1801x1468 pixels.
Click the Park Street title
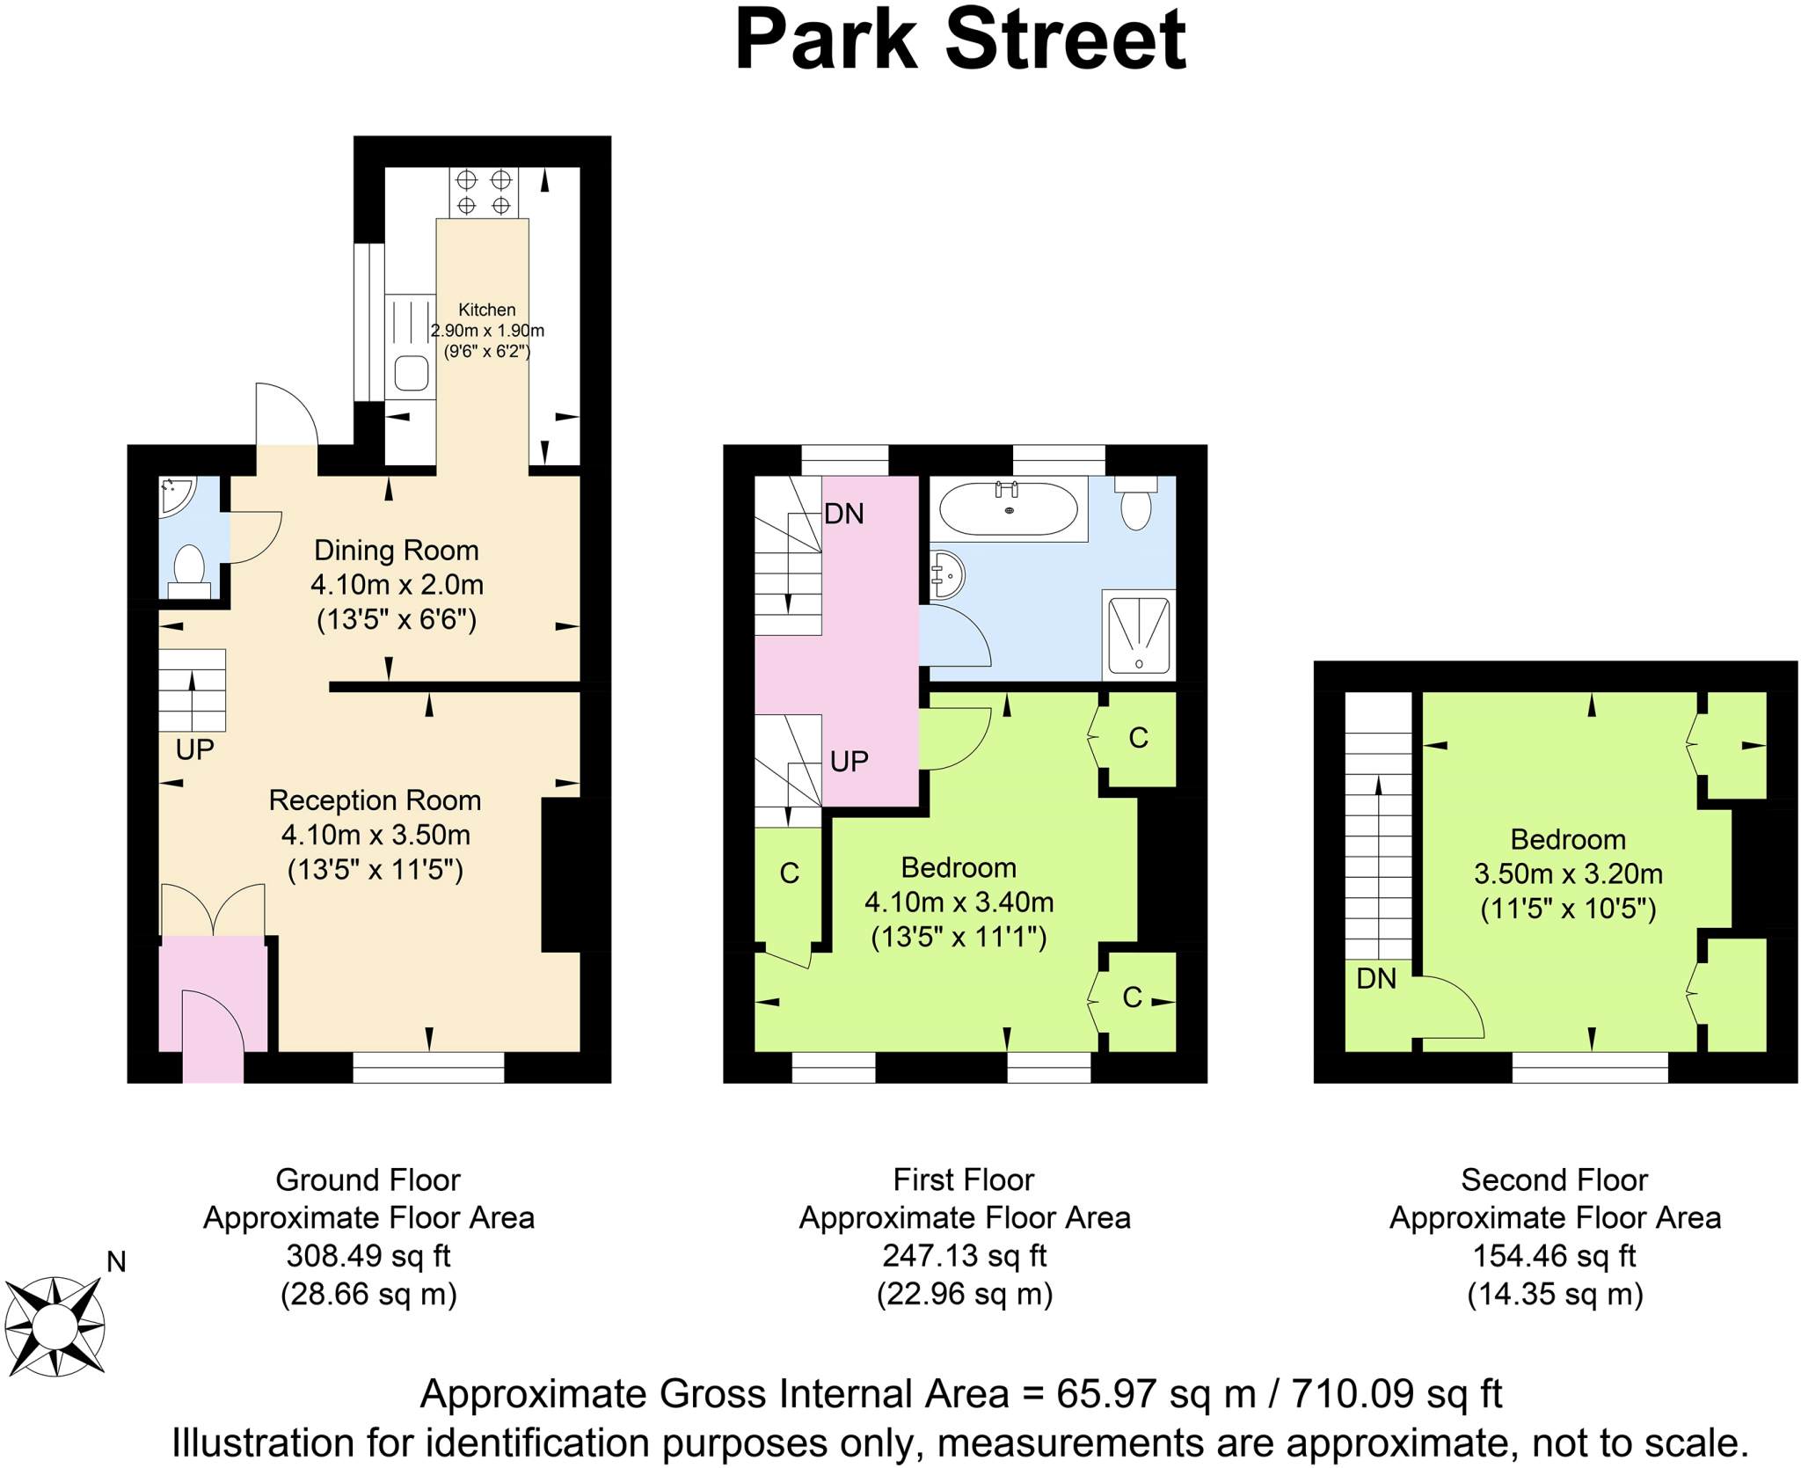point(959,40)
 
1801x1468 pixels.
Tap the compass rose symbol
point(55,1326)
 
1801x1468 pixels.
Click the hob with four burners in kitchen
point(483,192)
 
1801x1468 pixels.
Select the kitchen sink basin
point(411,373)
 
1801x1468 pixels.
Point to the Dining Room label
point(396,551)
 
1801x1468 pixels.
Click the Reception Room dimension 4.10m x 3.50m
point(376,835)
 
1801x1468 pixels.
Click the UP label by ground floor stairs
point(194,749)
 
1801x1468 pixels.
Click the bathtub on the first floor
point(1008,509)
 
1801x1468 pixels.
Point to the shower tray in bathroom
point(1138,634)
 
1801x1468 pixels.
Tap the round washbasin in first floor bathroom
point(947,575)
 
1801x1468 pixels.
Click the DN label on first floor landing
point(843,514)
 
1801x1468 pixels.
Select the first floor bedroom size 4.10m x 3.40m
point(959,902)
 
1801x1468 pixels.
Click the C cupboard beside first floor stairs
point(789,873)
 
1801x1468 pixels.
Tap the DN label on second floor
point(1375,978)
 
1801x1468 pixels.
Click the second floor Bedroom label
point(1567,839)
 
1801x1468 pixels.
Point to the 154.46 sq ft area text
point(1554,1255)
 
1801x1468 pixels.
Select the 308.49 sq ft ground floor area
point(368,1255)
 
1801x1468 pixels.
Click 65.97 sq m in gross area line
point(1156,1393)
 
